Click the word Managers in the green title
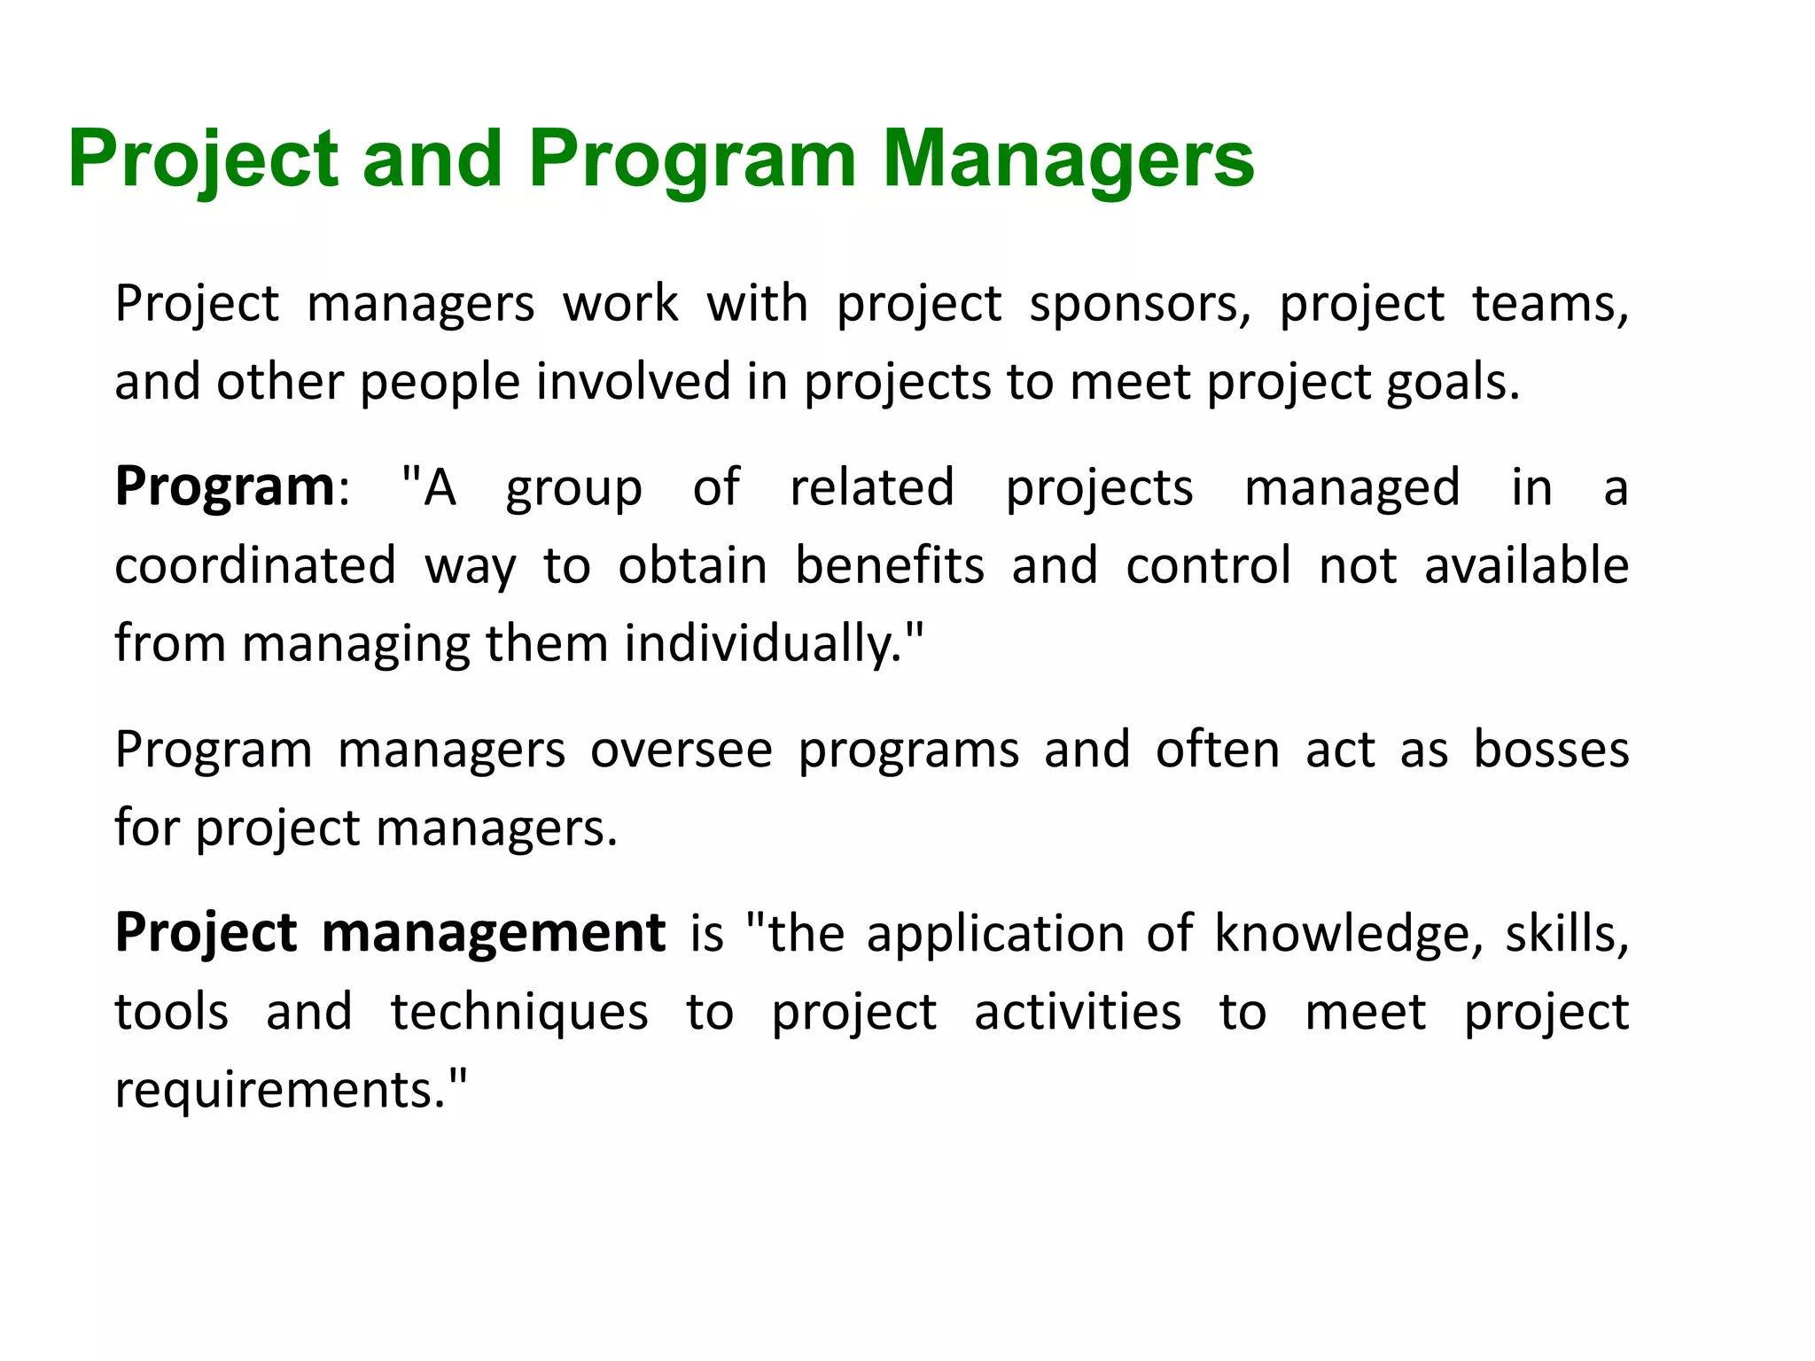[x=1068, y=159]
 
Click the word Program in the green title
[x=692, y=159]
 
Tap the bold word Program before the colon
[x=225, y=487]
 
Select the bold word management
[x=493, y=933]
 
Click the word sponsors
[x=1139, y=304]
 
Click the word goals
[x=1452, y=383]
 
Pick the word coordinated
[x=255, y=566]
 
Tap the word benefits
[x=889, y=566]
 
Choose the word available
[x=1526, y=566]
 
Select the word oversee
[x=682, y=750]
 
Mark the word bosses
[x=1551, y=750]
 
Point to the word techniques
[x=519, y=1013]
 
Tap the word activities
[x=1078, y=1013]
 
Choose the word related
[x=872, y=487]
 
